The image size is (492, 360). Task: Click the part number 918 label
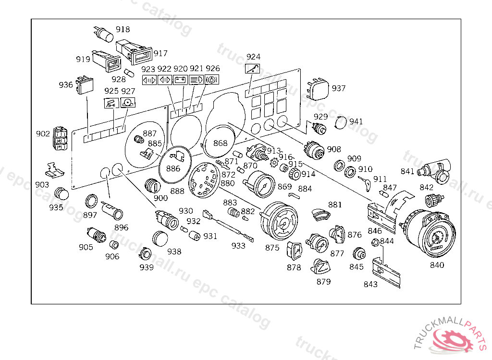tap(123, 30)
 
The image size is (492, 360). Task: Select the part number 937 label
tap(339, 89)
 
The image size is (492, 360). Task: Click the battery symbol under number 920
tap(180, 80)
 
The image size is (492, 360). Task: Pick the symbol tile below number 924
tap(253, 69)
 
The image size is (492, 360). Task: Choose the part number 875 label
tap(272, 248)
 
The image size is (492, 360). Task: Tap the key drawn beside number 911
tap(366, 181)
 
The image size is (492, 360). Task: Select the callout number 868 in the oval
tap(220, 143)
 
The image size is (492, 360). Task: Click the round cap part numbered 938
tap(160, 238)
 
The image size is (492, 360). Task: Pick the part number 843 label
tap(370, 284)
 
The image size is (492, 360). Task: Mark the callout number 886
tap(173, 168)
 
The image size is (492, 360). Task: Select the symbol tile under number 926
tap(211, 80)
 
